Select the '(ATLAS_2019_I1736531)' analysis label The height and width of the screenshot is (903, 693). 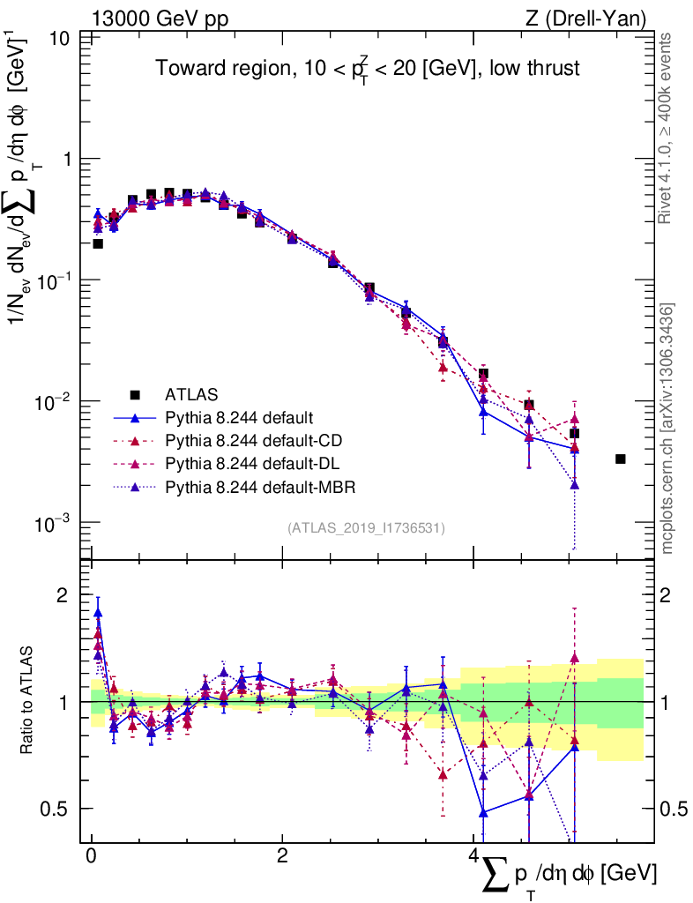[366, 528]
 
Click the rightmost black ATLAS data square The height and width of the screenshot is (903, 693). [620, 459]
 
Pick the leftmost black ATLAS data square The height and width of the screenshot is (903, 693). [97, 243]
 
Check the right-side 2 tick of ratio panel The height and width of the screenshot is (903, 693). [671, 595]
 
